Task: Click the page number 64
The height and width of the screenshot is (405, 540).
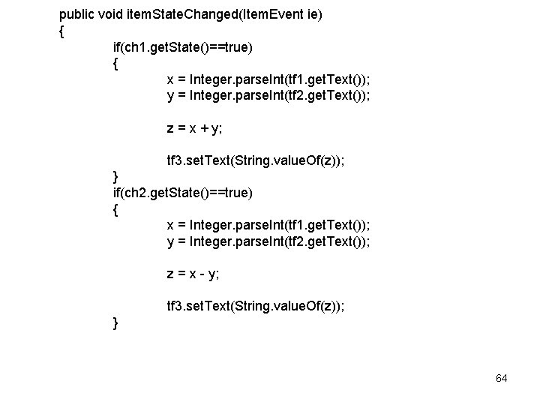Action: pos(502,378)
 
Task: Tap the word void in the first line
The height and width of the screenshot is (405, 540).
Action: pos(112,14)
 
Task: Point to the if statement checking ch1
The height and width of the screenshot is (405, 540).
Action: pos(182,47)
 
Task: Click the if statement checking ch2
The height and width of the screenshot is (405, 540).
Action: pos(182,193)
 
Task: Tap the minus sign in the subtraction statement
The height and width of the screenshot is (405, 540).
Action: pos(202,274)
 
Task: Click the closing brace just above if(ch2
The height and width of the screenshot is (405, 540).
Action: pos(115,177)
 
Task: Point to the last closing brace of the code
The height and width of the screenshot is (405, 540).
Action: pos(115,322)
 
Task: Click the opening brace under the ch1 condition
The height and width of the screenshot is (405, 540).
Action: pos(115,64)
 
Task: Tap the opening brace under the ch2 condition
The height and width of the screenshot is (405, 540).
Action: pos(115,209)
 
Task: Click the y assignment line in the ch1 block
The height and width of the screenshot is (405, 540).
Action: pos(268,95)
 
